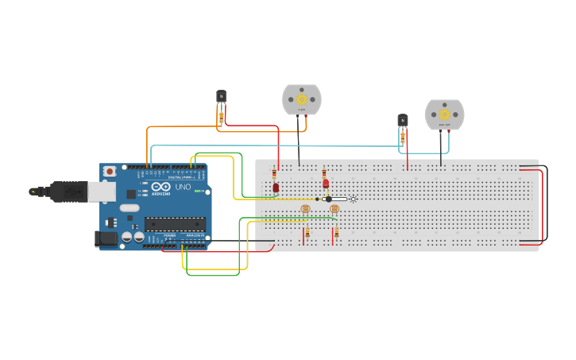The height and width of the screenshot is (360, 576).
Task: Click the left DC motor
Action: (x=302, y=100)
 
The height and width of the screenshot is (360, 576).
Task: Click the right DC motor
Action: (x=444, y=115)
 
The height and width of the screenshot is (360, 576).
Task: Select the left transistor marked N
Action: (x=221, y=96)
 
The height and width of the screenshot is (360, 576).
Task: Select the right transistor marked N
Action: (x=403, y=120)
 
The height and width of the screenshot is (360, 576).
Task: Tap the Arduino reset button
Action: (x=109, y=171)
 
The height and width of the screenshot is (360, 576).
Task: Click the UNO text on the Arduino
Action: (x=184, y=188)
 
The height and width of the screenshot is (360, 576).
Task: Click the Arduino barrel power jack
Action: (x=106, y=238)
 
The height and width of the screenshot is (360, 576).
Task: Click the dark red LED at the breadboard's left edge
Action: (x=276, y=188)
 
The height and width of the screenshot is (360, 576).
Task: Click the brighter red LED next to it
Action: (x=326, y=184)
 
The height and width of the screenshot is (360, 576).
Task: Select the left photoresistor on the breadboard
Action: (x=306, y=210)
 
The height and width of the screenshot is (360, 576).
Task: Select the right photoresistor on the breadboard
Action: (x=334, y=209)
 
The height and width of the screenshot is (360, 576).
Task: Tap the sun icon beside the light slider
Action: (x=353, y=199)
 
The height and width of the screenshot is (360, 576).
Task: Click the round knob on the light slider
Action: (x=328, y=199)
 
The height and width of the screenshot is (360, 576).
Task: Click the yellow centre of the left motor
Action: (x=302, y=99)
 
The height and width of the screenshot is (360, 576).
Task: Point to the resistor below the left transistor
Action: (x=221, y=117)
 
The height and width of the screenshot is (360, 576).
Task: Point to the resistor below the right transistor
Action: (x=403, y=137)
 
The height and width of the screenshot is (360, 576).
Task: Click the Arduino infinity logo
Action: (x=145, y=188)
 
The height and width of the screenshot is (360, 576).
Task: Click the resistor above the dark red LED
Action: (x=275, y=174)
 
